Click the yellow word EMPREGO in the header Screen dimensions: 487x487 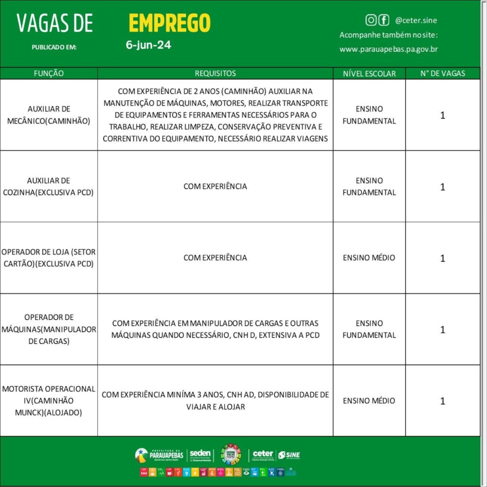(x=169, y=23)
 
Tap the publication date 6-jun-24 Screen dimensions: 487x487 (x=148, y=45)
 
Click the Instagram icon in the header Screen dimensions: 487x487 (x=371, y=20)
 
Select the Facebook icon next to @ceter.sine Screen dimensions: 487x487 (x=383, y=20)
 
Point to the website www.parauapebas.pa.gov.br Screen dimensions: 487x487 (x=389, y=49)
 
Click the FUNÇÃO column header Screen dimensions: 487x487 (x=49, y=73)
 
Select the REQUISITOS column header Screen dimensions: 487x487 (x=215, y=73)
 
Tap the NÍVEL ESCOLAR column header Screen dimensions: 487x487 (x=369, y=73)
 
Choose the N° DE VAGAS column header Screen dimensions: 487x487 (x=442, y=73)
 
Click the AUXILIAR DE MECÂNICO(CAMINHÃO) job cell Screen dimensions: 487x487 (x=49, y=115)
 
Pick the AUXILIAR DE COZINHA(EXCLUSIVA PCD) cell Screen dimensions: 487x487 (x=49, y=186)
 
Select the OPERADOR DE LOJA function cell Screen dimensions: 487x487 (x=49, y=258)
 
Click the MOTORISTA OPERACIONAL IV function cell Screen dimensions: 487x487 (x=49, y=400)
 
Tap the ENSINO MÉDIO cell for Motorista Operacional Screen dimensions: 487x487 (x=369, y=400)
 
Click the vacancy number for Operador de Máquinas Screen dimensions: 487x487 (x=442, y=330)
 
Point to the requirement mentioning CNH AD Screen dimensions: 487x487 (x=215, y=400)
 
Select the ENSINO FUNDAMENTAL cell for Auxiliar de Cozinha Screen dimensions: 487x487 (x=369, y=186)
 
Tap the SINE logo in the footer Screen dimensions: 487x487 (x=289, y=455)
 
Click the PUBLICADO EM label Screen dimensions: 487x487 (x=54, y=47)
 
